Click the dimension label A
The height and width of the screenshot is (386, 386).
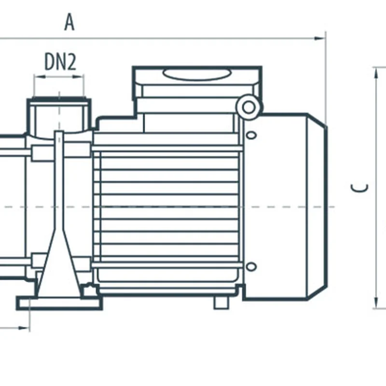click(69, 22)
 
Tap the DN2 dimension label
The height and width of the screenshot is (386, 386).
click(60, 62)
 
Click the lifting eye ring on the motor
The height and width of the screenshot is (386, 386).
click(248, 107)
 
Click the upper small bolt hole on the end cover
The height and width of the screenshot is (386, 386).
click(251, 135)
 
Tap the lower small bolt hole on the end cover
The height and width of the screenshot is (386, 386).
click(251, 266)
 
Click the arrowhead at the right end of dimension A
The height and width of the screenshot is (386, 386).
click(320, 38)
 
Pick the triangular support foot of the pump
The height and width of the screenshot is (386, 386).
click(58, 261)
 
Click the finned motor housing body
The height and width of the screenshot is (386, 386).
click(169, 207)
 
